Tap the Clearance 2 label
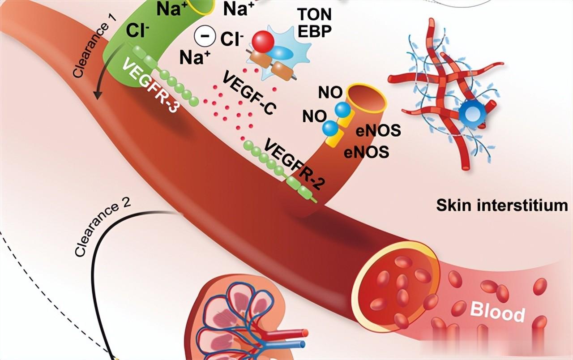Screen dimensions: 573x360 [x=103, y=228]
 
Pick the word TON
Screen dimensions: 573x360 [x=314, y=15]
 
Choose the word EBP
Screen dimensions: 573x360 [x=314, y=33]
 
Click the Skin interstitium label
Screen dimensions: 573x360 [x=502, y=206]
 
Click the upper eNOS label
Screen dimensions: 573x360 [x=378, y=131]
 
